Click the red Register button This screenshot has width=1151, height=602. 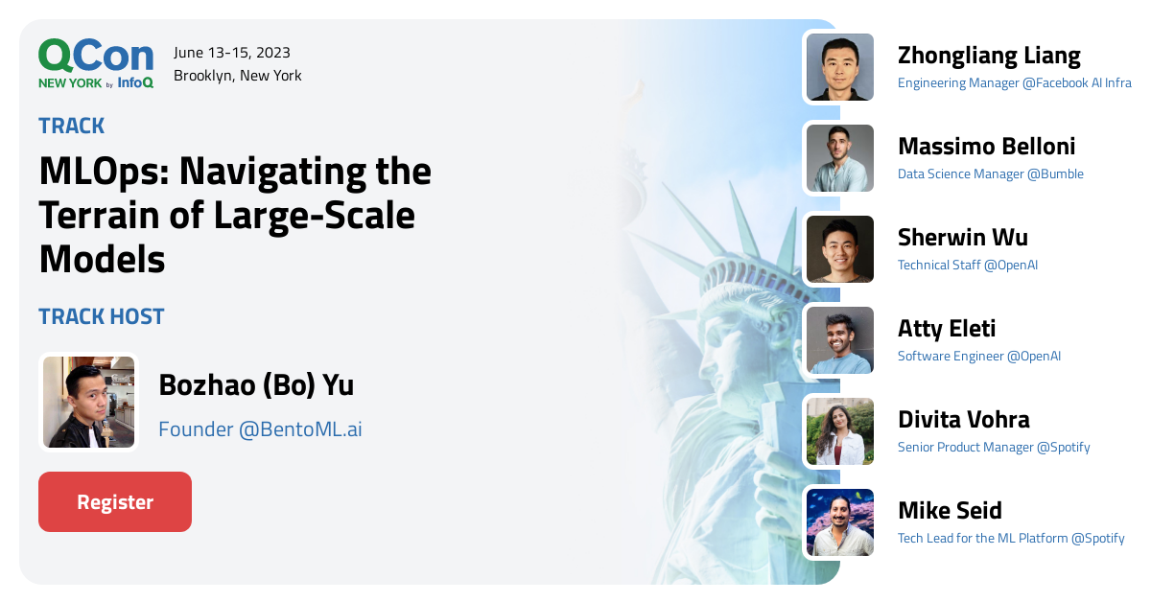pyautogui.click(x=115, y=501)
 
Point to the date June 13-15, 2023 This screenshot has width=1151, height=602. pyautogui.click(x=232, y=53)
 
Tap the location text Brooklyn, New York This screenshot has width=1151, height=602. pyautogui.click(x=238, y=76)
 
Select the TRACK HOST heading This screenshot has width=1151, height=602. pyautogui.click(x=102, y=316)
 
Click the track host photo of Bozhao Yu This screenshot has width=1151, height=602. pyautogui.click(x=88, y=402)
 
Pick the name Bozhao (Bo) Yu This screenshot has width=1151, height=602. pyautogui.click(x=256, y=385)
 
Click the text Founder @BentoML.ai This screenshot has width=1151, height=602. pyautogui.click(x=260, y=429)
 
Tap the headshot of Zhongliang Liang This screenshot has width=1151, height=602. pyautogui.click(x=839, y=67)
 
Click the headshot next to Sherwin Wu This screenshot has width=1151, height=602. pyautogui.click(x=839, y=249)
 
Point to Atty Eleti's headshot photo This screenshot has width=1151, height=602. pyautogui.click(x=839, y=340)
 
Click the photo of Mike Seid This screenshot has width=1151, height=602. pyautogui.click(x=839, y=522)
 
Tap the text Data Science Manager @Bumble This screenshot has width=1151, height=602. pyautogui.click(x=990, y=174)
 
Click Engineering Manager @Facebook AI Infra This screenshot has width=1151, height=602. pyautogui.click(x=1014, y=83)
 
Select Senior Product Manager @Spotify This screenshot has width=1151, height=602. pyautogui.click(x=994, y=448)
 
